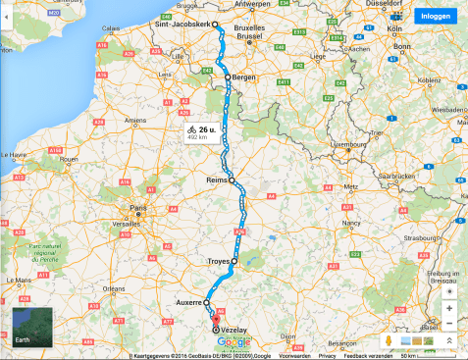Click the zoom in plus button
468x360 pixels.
[448, 308]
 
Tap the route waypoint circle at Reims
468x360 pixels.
[233, 193]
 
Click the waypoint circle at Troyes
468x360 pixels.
[234, 261]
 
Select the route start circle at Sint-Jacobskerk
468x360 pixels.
[215, 25]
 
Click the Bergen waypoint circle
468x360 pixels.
[228, 77]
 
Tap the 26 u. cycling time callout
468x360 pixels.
[200, 132]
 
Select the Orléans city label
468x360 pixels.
[115, 289]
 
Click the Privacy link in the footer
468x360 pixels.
[327, 355]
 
